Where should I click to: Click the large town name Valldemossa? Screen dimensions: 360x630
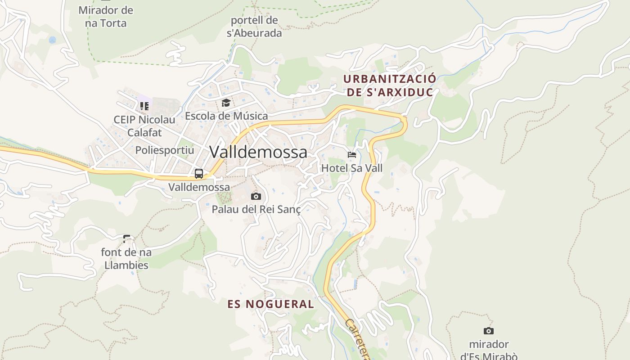point(258,152)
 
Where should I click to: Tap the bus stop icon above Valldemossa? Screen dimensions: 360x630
point(198,173)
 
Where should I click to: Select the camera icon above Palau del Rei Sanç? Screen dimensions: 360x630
point(256,196)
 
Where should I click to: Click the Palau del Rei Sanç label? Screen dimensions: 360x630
point(256,209)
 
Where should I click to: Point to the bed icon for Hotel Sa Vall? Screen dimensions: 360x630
point(352,155)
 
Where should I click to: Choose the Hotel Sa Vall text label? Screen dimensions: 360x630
point(352,168)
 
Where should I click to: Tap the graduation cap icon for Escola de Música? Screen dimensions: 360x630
point(226,103)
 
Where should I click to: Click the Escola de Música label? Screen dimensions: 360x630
point(226,116)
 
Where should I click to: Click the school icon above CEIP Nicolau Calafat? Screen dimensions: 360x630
point(144,106)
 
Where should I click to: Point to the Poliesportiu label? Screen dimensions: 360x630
point(165,150)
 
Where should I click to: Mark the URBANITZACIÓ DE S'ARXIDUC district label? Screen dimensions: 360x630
point(389,85)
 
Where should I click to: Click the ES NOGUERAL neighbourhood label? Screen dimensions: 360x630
point(271,304)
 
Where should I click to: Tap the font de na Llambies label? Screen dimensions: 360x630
point(126,259)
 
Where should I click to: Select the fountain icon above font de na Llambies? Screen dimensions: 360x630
point(126,238)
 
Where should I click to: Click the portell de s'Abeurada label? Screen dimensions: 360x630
point(254,27)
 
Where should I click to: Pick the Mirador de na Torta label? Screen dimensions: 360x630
point(106,17)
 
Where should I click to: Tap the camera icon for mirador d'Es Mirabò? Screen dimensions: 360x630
point(488,331)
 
